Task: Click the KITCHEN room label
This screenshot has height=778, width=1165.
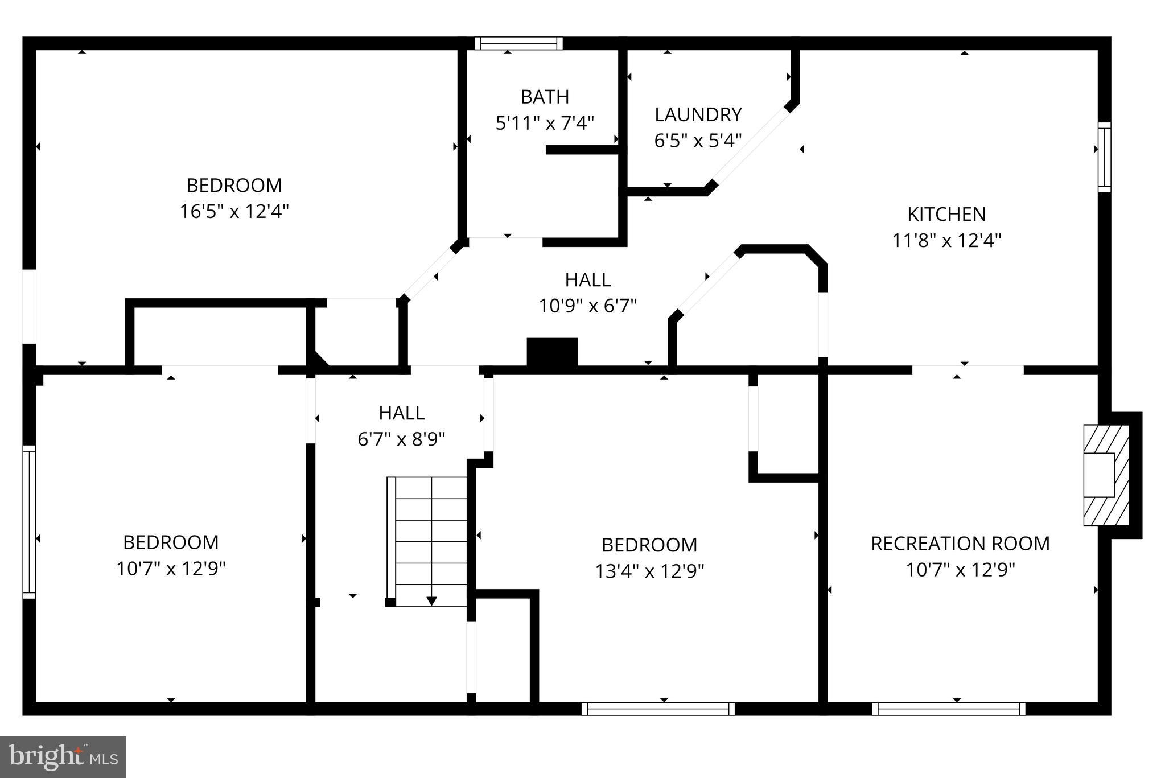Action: tap(946, 214)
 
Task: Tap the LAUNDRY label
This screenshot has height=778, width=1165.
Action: tap(698, 114)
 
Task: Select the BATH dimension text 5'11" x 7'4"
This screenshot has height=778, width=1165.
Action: tap(545, 123)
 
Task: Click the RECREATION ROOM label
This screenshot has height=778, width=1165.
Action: tap(960, 543)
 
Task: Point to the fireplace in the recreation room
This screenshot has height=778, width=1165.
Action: tap(1105, 475)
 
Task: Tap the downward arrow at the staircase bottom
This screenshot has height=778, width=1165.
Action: tap(431, 600)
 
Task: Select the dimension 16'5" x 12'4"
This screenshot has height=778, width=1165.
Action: tap(234, 212)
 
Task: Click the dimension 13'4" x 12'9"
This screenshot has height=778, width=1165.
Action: tap(649, 571)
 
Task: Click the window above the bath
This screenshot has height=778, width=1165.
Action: tap(518, 43)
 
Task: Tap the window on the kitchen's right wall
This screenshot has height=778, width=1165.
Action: tap(1104, 157)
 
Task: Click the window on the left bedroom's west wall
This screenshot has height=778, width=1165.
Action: tap(29, 521)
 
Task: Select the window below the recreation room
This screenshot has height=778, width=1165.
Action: tap(948, 709)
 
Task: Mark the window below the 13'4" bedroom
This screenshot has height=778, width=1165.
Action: tap(658, 709)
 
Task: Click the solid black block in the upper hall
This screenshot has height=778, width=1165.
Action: tap(552, 352)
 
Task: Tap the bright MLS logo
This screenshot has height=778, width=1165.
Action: tap(63, 757)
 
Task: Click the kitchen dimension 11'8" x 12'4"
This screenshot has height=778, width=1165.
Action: tap(946, 240)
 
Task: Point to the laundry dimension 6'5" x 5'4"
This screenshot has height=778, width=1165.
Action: tap(698, 140)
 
